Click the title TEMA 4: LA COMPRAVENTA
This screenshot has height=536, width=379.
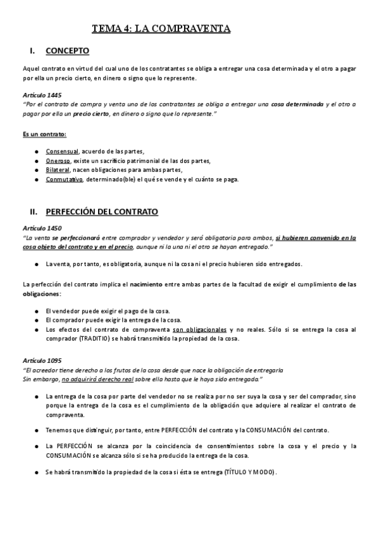tap(161, 28)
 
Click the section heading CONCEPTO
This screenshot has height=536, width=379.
tap(67, 51)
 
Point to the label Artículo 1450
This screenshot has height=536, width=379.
tap(42, 228)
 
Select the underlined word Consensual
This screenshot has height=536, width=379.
tap(62, 151)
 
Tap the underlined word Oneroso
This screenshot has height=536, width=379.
tap(58, 161)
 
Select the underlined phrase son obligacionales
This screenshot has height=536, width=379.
tap(199, 329)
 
